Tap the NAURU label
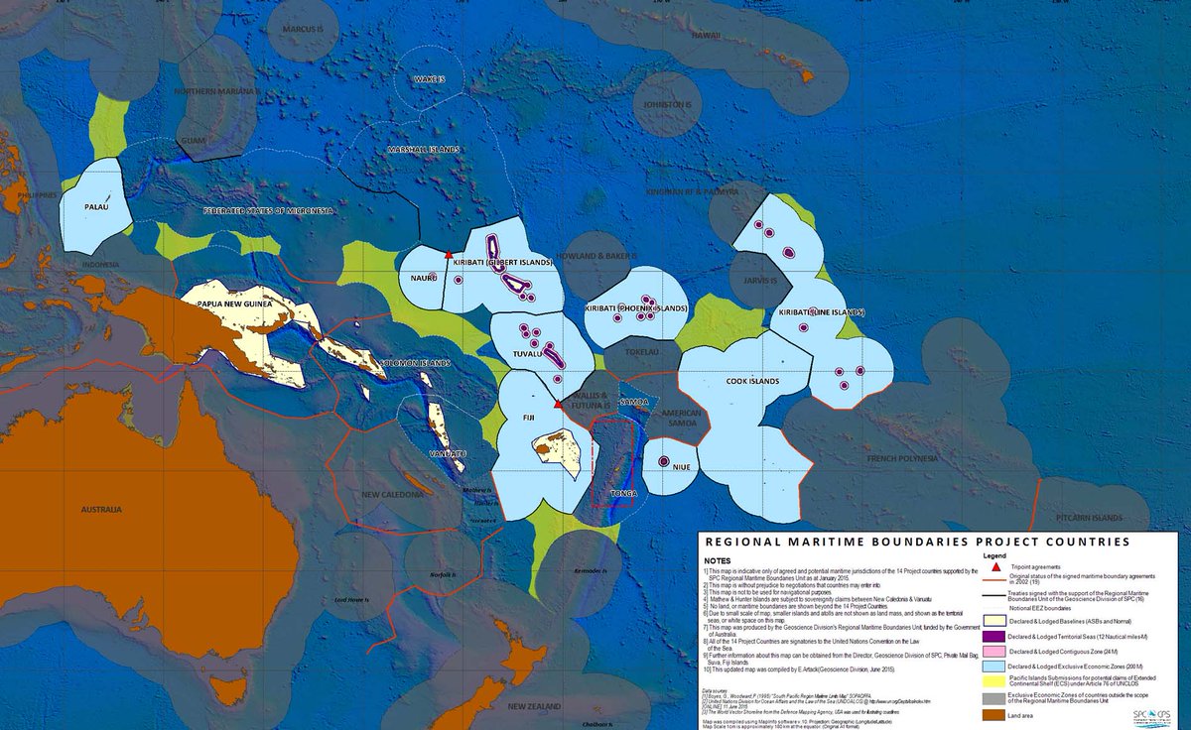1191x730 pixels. point(424,279)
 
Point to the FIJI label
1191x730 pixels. point(530,420)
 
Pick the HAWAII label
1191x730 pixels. point(705,36)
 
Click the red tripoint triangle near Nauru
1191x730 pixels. point(449,256)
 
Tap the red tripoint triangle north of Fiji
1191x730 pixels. point(559,404)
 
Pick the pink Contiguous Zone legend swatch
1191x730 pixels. point(1005,651)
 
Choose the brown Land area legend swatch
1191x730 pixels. point(1005,713)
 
